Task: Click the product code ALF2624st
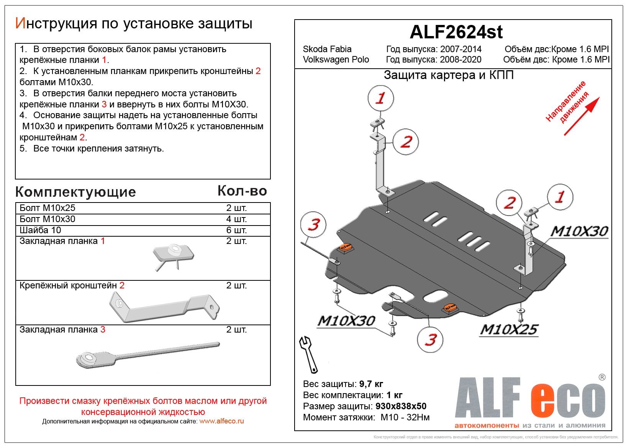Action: (456, 32)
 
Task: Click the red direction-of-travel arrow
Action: (581, 116)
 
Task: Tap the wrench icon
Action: (308, 354)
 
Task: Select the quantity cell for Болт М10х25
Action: (236, 208)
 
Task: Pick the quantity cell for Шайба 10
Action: (236, 230)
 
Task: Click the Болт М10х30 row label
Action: (48, 219)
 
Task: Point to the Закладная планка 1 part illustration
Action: (173, 256)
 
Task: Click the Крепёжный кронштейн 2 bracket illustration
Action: (164, 307)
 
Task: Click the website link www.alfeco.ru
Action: (221, 421)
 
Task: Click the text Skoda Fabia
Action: (327, 49)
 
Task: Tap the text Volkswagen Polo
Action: (336, 59)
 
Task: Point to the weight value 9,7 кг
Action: (371, 384)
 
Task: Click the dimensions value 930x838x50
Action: (401, 406)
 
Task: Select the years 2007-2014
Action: (461, 49)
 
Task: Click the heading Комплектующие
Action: (75, 192)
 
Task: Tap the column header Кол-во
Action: (242, 191)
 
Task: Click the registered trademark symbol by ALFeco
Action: (602, 377)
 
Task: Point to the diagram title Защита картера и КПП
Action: (449, 75)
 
